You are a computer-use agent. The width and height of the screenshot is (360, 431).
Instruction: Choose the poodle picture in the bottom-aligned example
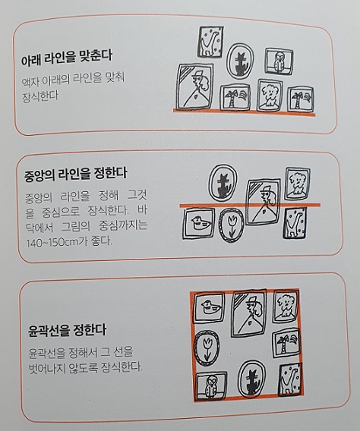click(x=270, y=95)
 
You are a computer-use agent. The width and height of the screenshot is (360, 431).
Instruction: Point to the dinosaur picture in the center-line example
click(x=293, y=225)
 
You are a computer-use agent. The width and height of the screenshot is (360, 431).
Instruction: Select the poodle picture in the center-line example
click(x=298, y=184)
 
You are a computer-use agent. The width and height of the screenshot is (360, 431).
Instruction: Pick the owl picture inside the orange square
click(x=209, y=384)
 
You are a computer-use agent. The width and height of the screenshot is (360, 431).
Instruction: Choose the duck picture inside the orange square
click(x=208, y=308)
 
